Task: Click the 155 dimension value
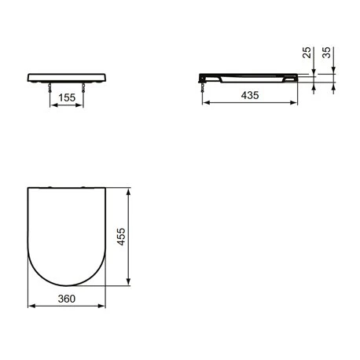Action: tap(67, 97)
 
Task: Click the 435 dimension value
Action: tap(250, 95)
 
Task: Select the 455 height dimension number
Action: tap(121, 237)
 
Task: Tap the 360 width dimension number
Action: tap(67, 299)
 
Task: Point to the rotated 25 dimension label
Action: tap(307, 53)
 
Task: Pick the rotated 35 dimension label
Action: tap(326, 53)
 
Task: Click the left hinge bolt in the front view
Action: tap(50, 87)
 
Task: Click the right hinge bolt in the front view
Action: tap(83, 87)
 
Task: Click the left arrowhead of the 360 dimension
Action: tap(31, 306)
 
